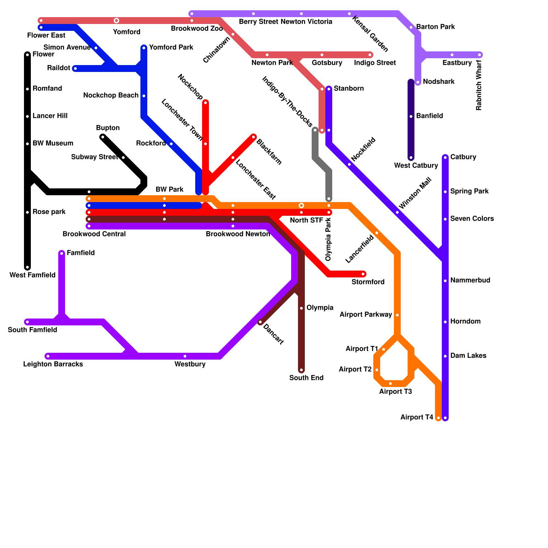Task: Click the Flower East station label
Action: point(46,35)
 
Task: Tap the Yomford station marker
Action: point(116,21)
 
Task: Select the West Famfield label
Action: point(33,275)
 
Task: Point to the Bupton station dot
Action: point(103,137)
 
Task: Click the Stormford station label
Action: point(368,282)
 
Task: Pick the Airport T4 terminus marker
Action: point(438,418)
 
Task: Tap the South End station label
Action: point(306,378)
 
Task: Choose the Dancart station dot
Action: point(260,322)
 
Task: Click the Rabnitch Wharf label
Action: point(479,85)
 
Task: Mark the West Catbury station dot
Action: point(411,158)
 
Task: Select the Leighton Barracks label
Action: point(53,364)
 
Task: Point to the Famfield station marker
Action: point(62,253)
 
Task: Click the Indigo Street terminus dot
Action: point(370,55)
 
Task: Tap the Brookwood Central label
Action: point(94,234)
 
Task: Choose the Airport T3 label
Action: point(395,391)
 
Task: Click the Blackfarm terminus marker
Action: point(253,137)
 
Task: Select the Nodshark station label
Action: point(438,82)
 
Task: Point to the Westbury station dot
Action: point(185,356)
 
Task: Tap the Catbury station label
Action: point(463,157)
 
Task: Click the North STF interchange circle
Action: point(301,206)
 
